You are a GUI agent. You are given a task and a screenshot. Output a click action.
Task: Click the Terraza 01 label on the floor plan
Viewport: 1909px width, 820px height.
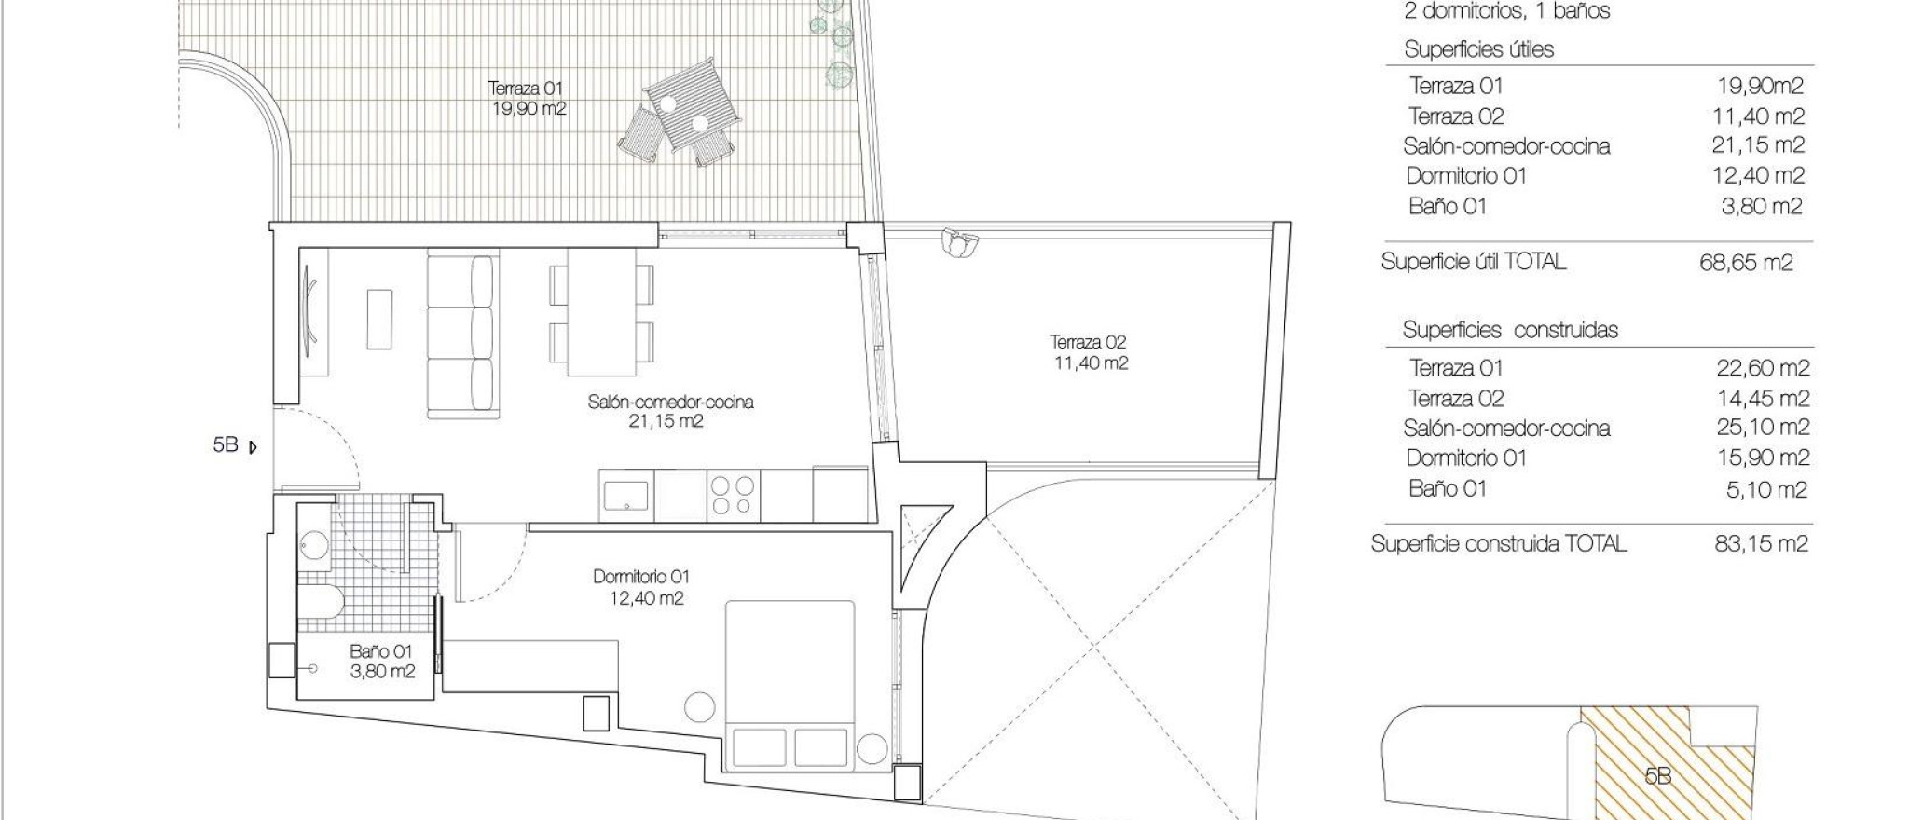527,98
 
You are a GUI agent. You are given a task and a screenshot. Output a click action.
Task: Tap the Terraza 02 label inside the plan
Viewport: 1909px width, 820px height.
1090,352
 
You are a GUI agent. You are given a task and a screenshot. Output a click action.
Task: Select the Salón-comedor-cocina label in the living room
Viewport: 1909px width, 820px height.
670,411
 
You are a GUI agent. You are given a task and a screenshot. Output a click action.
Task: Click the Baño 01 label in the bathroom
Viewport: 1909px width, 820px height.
381,661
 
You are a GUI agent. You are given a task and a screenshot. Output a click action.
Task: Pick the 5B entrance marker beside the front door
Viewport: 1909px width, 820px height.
227,445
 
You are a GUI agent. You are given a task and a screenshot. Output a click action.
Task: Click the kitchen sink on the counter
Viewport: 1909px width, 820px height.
625,495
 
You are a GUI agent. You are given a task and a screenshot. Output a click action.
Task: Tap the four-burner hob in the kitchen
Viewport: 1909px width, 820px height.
733,495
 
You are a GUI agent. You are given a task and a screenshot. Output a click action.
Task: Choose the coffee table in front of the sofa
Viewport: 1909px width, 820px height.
379,319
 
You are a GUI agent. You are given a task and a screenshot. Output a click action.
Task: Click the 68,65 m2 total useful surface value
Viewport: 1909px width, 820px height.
1746,263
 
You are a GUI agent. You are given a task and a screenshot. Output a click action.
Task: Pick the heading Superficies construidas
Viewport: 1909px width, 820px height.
1510,330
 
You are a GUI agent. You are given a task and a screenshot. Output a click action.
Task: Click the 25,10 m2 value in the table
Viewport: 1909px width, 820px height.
1763,428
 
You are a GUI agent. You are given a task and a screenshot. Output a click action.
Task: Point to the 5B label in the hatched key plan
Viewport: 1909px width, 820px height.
1656,775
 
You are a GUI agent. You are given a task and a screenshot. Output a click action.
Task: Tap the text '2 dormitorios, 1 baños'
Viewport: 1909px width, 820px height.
1507,12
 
